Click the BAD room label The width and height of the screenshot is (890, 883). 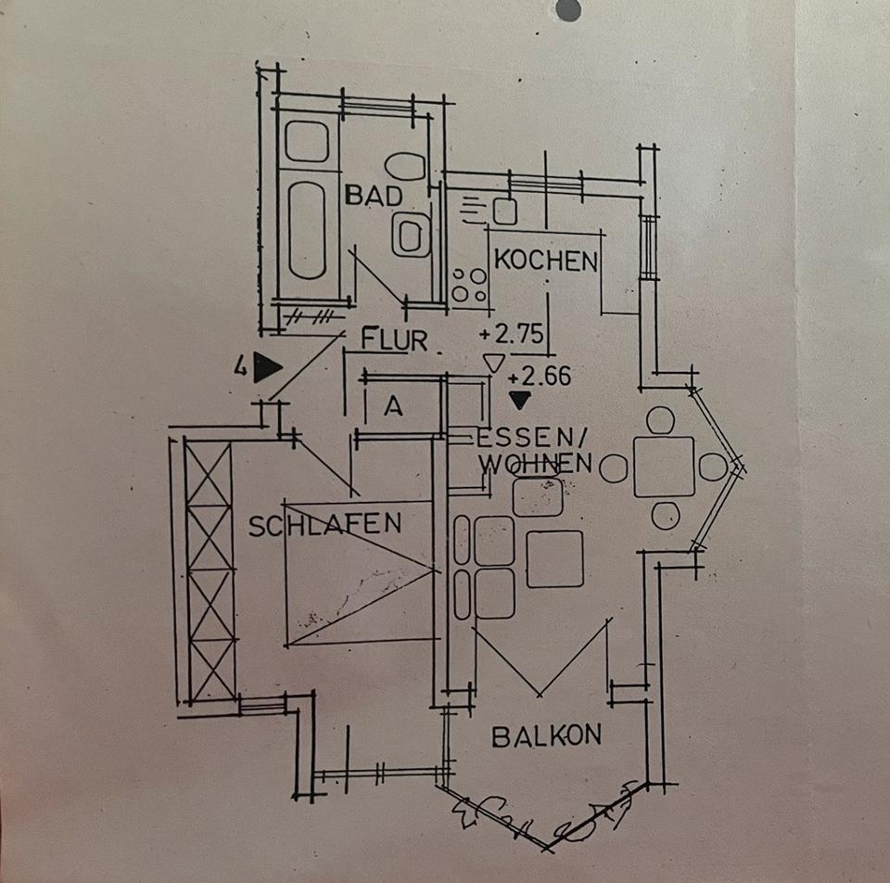click(375, 196)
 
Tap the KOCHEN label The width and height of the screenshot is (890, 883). click(545, 261)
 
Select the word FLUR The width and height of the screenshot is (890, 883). click(395, 340)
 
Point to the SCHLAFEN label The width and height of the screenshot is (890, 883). click(325, 525)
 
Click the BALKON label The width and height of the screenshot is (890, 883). click(546, 736)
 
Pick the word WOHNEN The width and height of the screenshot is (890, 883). click(535, 462)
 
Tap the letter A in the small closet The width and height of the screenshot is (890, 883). click(393, 407)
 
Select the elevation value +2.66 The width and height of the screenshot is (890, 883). click(540, 377)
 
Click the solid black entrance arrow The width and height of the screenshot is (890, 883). click(267, 368)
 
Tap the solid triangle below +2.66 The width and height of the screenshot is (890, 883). click(520, 400)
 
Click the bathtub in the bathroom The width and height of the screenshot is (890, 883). click(307, 230)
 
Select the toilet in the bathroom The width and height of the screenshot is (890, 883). click(405, 167)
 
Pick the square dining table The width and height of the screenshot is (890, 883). click(664, 467)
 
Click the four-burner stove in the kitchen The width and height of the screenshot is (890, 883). click(469, 285)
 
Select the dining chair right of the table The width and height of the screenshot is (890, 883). click(713, 467)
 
